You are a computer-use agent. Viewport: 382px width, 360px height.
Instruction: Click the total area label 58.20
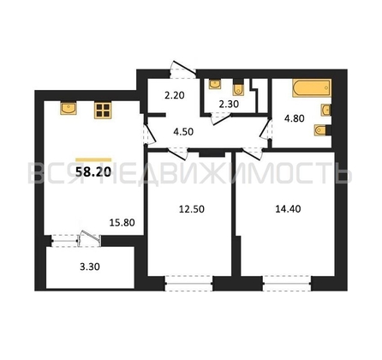93,171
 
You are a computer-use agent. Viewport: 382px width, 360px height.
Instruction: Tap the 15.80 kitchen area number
122,222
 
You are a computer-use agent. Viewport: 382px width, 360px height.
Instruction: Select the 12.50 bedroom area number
192,209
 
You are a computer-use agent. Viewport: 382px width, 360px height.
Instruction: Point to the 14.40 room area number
288,209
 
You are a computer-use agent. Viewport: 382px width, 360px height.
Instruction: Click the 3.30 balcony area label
90,267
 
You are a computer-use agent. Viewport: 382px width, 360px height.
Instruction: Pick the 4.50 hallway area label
183,132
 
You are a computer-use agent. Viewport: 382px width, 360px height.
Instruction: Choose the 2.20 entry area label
175,95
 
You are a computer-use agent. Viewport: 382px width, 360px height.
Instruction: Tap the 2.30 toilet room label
229,105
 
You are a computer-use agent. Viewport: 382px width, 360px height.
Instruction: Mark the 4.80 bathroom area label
295,118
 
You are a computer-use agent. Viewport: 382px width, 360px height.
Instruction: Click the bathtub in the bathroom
312,88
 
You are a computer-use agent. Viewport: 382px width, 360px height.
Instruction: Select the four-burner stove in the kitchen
103,111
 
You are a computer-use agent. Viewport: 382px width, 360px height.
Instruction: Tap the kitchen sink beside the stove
69,108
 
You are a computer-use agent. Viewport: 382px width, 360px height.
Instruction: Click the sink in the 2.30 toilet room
215,84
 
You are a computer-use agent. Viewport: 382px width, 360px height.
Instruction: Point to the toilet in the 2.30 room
237,88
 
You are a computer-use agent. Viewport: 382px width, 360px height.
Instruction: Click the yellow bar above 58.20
93,159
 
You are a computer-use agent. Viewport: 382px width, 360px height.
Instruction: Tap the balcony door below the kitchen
89,237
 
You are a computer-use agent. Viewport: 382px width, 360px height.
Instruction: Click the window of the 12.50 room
189,284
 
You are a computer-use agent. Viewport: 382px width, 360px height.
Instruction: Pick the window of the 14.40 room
287,284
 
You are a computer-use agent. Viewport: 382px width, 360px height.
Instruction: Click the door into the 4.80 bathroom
266,129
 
